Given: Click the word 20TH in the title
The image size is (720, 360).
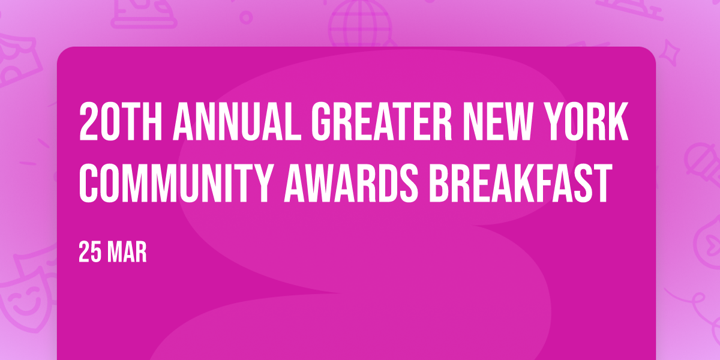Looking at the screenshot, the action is click(x=121, y=122).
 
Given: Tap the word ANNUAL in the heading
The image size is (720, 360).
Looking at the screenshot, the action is click(x=237, y=122).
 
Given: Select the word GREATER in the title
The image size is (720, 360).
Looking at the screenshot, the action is click(x=382, y=122).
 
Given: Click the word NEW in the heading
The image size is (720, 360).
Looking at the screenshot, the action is click(x=500, y=122).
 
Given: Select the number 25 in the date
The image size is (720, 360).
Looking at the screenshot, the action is click(x=90, y=253).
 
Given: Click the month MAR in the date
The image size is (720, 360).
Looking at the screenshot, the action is click(x=127, y=253).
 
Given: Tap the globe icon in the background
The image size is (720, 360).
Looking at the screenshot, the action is click(x=361, y=24).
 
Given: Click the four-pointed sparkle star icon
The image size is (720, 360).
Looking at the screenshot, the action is click(x=669, y=53).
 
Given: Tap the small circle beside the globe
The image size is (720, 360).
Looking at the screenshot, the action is click(x=246, y=17).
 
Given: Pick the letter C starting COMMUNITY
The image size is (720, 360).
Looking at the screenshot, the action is click(x=88, y=183).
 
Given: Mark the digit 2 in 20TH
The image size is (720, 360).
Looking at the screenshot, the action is click(x=88, y=122).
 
